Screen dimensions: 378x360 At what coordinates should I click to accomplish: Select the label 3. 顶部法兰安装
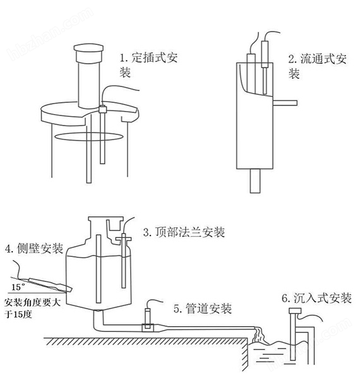pos(183,232)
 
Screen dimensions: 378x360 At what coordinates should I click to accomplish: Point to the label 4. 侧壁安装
pos(33,249)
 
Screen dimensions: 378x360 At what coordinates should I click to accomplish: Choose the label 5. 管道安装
pos(202,309)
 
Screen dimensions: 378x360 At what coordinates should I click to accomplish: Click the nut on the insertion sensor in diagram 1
pos(101,111)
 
